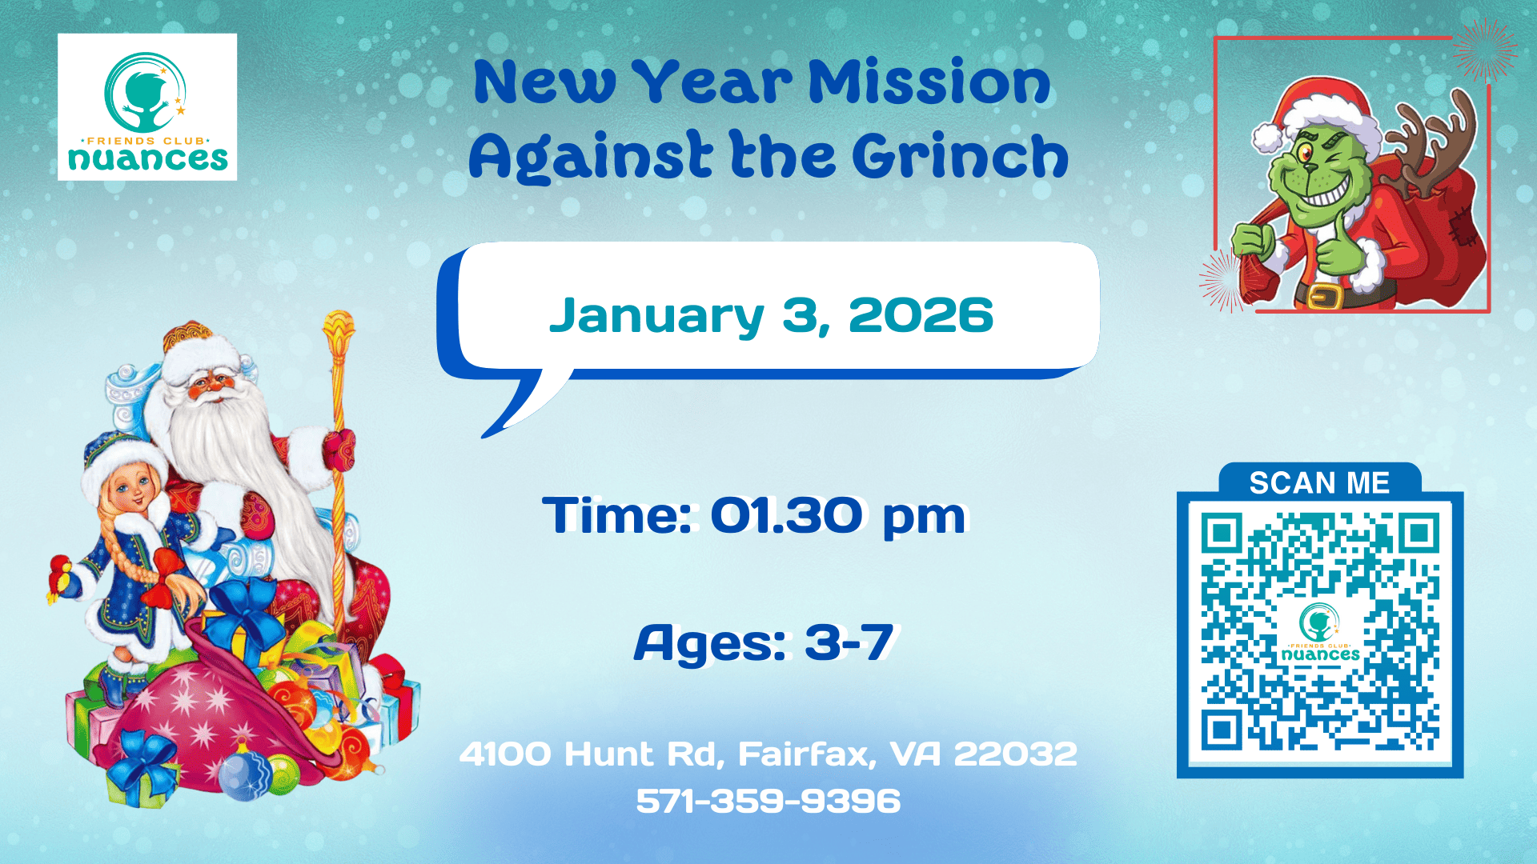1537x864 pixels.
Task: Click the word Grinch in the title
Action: [960, 155]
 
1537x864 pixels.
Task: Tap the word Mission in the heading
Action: [929, 82]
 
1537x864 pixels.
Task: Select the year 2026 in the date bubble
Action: [921, 315]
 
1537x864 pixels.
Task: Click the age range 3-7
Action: [849, 642]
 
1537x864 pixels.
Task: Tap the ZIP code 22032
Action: [1015, 754]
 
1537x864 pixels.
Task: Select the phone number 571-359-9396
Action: [768, 801]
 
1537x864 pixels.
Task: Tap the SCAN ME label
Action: [1319, 483]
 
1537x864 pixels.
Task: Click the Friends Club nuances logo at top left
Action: [147, 107]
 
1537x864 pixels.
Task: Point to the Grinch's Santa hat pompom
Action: [1268, 137]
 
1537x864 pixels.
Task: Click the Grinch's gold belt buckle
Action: [1326, 296]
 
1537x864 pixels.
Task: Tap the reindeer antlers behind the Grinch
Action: [1433, 144]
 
